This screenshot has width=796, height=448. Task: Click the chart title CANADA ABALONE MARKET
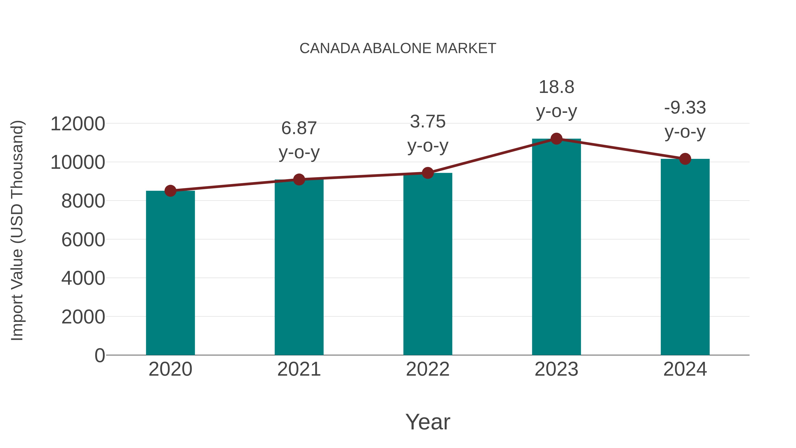tap(398, 48)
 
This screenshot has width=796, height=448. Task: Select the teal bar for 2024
tap(685, 257)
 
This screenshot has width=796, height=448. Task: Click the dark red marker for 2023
tap(556, 139)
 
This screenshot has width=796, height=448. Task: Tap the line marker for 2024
tap(685, 159)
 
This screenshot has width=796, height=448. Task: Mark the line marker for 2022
tap(428, 173)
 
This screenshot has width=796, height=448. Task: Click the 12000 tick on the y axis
tap(78, 124)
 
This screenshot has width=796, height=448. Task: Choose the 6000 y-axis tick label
tap(83, 240)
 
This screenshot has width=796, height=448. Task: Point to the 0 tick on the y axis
tap(99, 355)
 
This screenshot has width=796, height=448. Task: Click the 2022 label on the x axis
tap(428, 369)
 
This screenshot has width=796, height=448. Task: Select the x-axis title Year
tap(428, 422)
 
